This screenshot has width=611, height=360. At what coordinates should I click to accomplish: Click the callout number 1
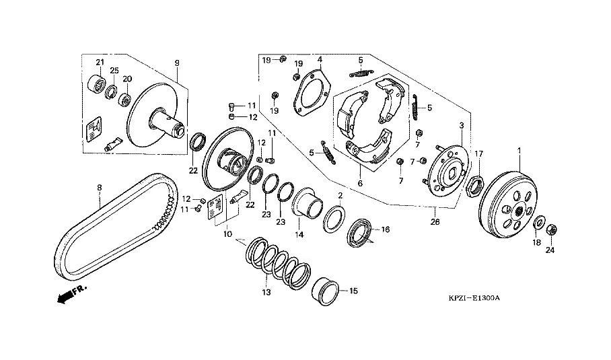(x=519, y=149)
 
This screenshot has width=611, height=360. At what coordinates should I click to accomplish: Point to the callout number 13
(x=266, y=293)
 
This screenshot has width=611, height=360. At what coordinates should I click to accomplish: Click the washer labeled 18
(x=540, y=221)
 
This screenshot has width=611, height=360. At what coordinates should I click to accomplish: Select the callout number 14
(x=299, y=234)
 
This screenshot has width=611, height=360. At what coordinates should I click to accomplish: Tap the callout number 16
(x=386, y=229)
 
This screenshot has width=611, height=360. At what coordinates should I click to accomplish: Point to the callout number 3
(x=462, y=126)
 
